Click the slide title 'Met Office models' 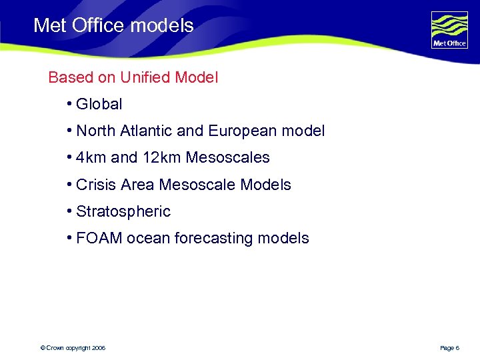[113, 26]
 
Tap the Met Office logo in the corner [449, 29]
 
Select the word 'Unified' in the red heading [145, 77]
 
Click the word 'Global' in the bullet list [99, 104]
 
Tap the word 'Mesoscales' [228, 158]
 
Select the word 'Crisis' [97, 185]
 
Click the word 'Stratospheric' [123, 212]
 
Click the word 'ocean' [148, 238]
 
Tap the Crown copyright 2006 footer [73, 348]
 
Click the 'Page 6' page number [450, 348]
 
